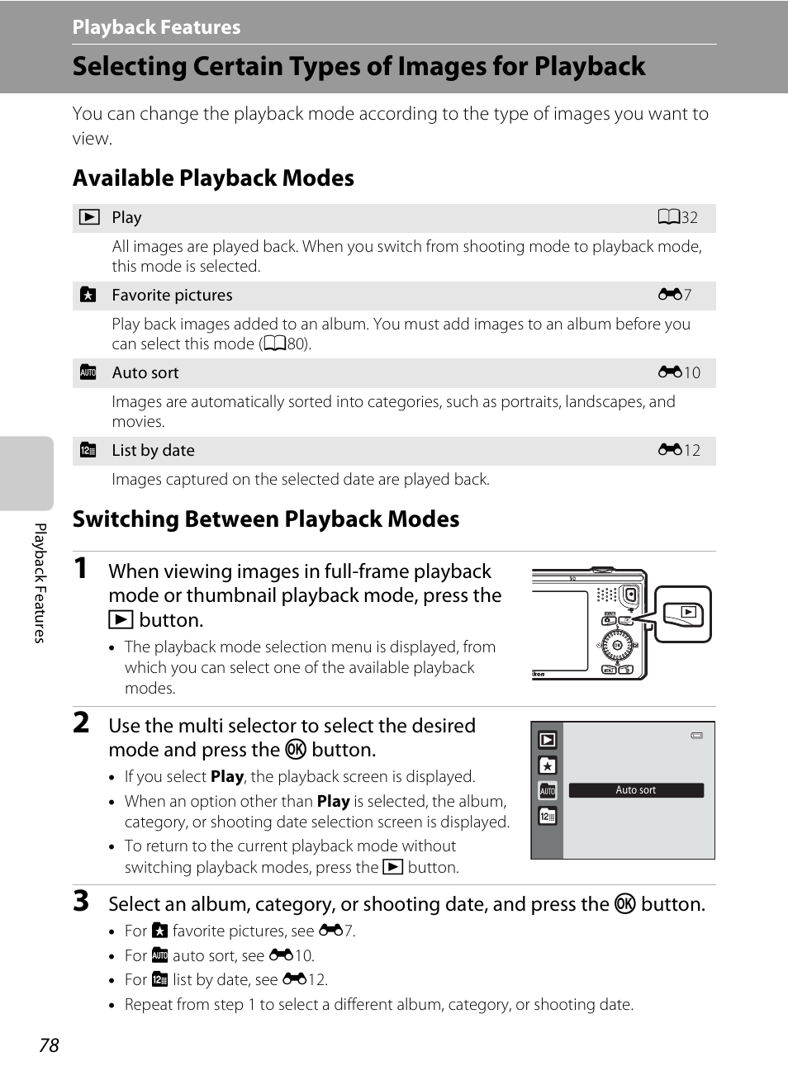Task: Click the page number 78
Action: pyautogui.click(x=49, y=1045)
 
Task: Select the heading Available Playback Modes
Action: pyautogui.click(x=213, y=178)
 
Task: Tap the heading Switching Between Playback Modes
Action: pyautogui.click(x=265, y=519)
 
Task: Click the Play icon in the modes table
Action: pyautogui.click(x=89, y=217)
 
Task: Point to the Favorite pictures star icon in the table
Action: pyautogui.click(x=88, y=295)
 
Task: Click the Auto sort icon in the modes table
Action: pyautogui.click(x=88, y=372)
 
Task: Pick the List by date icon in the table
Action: pyautogui.click(x=88, y=450)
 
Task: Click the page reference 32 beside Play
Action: pyautogui.click(x=679, y=217)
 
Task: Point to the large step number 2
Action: pyautogui.click(x=81, y=723)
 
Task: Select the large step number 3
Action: pyautogui.click(x=81, y=901)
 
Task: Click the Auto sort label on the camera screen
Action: pyautogui.click(x=636, y=790)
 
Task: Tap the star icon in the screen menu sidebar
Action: pyautogui.click(x=547, y=765)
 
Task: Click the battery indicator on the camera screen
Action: pyautogui.click(x=697, y=735)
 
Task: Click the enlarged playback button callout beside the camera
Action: pyautogui.click(x=683, y=614)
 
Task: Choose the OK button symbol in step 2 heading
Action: pyautogui.click(x=296, y=750)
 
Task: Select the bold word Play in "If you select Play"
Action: pyautogui.click(x=226, y=777)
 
